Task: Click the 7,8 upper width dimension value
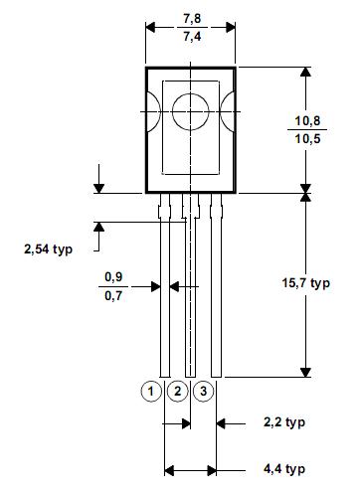click(x=192, y=18)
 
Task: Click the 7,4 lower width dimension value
click(x=192, y=36)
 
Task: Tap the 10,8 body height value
click(x=307, y=120)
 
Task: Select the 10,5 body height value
click(x=307, y=138)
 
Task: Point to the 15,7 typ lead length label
click(x=306, y=283)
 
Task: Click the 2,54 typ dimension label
click(x=48, y=248)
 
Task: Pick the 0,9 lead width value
click(x=113, y=277)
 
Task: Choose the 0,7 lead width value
click(x=113, y=295)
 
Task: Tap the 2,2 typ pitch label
click(x=284, y=422)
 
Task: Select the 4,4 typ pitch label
click(x=284, y=469)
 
